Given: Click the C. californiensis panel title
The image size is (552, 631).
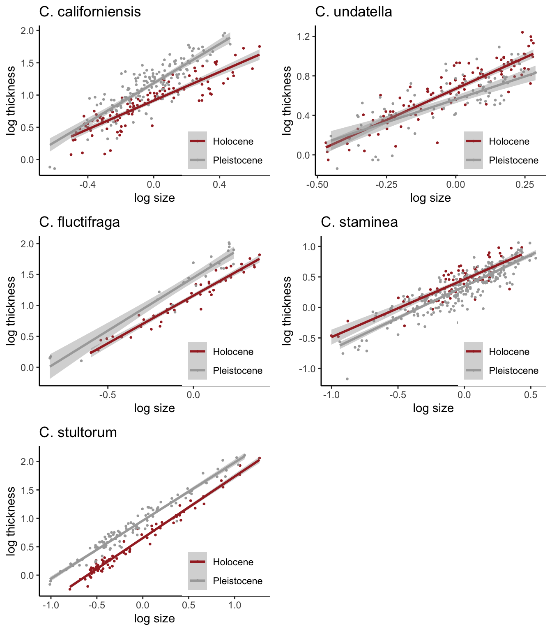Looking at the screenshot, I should [90, 12].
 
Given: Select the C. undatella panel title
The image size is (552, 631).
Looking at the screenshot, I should [353, 12].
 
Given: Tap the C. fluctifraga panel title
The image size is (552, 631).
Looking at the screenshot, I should [79, 222].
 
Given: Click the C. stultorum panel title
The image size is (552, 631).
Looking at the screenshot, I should [78, 432].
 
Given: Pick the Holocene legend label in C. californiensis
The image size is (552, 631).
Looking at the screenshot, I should [233, 141].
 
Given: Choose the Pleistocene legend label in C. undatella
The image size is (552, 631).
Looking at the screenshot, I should [513, 160].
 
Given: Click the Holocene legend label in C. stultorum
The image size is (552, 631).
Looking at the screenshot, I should [233, 562].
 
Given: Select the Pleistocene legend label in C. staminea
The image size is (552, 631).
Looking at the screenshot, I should [513, 371].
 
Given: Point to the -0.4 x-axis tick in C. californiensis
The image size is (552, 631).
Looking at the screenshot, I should [87, 185].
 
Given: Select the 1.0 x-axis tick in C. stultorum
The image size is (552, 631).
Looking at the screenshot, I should [235, 606].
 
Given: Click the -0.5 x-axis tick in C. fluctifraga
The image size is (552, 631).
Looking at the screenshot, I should [108, 395].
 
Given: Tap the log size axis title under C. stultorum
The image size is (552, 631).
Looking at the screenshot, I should [154, 618].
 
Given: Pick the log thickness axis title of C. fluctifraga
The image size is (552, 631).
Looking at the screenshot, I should [11, 311].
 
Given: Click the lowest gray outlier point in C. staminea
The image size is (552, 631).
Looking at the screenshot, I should [347, 379].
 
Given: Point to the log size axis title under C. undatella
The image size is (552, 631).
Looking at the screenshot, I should [430, 198].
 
